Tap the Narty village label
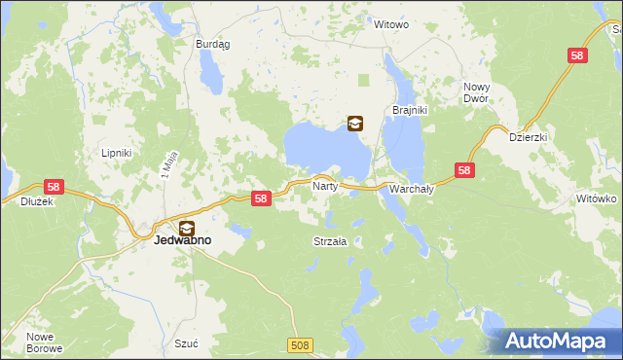324,184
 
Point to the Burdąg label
211,44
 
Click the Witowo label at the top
391,24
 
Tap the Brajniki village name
410,110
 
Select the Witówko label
597,198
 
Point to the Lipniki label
117,153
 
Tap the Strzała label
330,241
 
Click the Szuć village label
186,343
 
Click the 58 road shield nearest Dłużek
54,186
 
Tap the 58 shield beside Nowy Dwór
577,56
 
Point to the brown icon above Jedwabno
186,228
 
